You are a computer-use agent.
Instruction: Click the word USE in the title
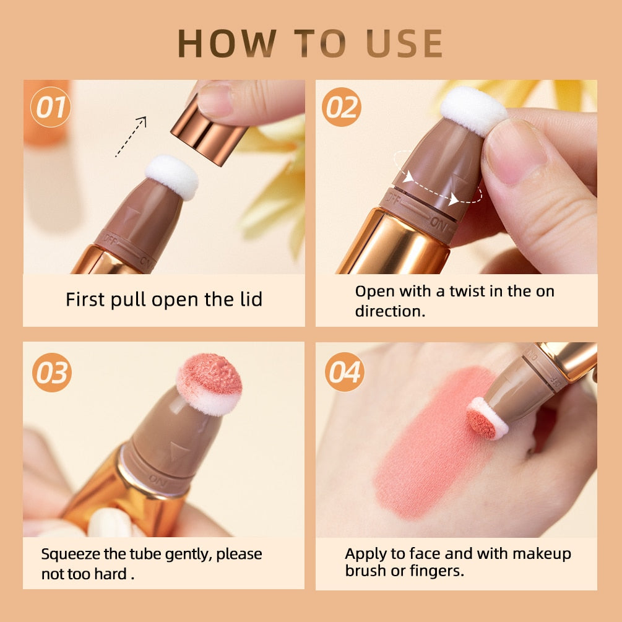click(404, 43)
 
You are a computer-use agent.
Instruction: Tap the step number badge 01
click(50, 107)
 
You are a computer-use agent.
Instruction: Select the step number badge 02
click(342, 107)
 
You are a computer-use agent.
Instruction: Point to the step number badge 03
click(52, 373)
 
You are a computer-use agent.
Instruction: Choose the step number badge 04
click(344, 372)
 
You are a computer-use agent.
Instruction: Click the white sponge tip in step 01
click(172, 176)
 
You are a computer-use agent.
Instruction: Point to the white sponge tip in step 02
click(473, 111)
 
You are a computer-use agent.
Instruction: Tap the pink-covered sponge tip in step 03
click(209, 384)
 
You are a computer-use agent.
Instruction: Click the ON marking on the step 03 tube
click(158, 479)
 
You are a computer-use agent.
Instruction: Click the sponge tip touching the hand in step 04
click(486, 419)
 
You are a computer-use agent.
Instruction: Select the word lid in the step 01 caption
click(251, 299)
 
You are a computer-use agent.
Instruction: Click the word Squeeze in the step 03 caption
click(71, 555)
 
